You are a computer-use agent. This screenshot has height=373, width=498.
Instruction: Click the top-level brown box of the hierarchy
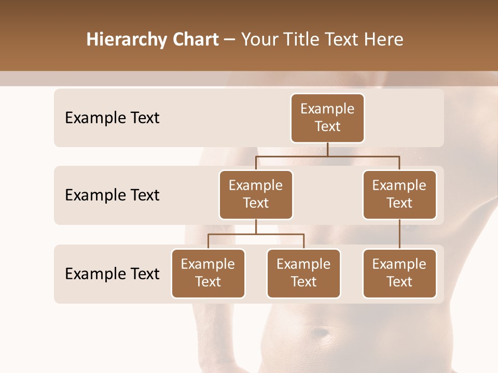click(327, 118)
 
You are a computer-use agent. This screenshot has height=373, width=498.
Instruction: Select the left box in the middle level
click(256, 194)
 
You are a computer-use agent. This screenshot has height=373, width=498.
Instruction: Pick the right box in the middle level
click(399, 194)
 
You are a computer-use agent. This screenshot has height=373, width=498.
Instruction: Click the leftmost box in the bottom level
click(208, 273)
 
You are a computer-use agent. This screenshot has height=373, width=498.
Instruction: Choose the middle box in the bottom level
click(303, 273)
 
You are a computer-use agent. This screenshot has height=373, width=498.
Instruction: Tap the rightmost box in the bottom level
click(399, 273)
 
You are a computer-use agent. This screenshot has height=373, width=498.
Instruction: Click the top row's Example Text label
click(112, 118)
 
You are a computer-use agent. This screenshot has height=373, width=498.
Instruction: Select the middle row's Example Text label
click(112, 195)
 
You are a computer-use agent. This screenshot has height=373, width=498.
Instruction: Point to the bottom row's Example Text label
click(112, 274)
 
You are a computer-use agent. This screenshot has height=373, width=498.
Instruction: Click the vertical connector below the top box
click(327, 149)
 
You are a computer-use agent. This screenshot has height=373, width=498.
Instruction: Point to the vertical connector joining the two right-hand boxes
click(399, 234)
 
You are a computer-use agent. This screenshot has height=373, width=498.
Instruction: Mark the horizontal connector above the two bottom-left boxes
click(256, 234)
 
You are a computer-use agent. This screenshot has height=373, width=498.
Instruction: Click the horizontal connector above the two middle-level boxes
click(327, 155)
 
